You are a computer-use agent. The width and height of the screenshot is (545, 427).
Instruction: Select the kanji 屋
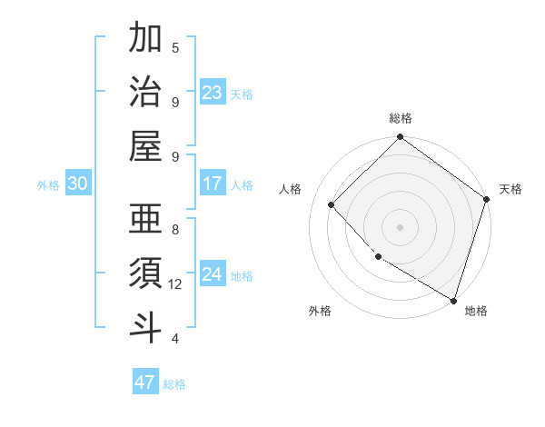pos(145,145)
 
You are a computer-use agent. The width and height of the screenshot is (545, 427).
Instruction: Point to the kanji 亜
pos(145,219)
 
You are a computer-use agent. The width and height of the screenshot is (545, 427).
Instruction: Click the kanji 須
pos(145,273)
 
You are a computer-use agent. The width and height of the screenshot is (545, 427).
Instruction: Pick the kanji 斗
pos(145,326)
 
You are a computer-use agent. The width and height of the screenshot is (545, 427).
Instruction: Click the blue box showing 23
pos(213,93)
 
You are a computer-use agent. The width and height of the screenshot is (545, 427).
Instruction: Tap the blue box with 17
pos(213,184)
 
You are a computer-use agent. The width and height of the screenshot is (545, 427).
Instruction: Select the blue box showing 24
pos(213,275)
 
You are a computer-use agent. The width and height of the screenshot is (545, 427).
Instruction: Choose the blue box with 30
pos(78,184)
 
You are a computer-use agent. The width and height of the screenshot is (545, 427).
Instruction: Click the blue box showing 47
pos(145,382)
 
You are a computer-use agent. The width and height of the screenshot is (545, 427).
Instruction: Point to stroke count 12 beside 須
pos(175,284)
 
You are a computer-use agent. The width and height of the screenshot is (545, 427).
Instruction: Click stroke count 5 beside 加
pos(175,47)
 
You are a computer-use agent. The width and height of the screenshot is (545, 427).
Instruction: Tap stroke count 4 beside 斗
pos(175,339)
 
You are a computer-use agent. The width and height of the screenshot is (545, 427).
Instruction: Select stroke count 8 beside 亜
pos(175,230)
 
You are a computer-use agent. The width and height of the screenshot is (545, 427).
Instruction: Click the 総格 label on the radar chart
pos(401,118)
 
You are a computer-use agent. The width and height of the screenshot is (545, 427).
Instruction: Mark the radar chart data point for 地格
pos(453,299)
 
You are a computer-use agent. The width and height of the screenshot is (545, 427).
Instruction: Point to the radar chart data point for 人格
pos(332,204)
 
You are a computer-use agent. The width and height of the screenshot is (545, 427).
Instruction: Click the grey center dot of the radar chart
pos(401,226)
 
